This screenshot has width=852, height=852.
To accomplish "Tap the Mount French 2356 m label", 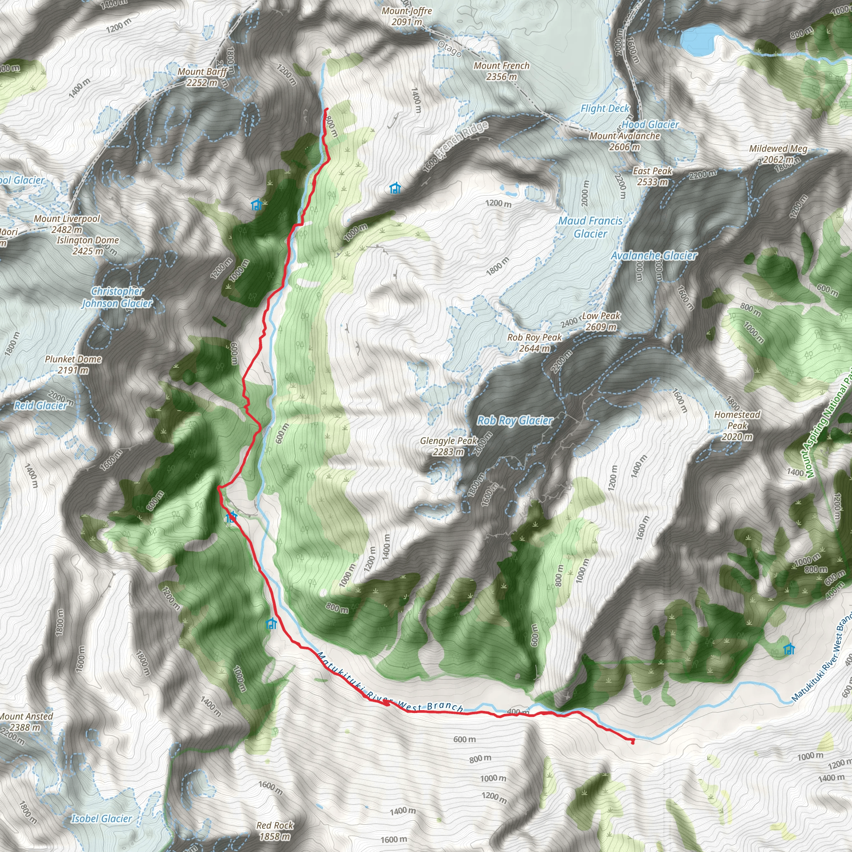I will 501,71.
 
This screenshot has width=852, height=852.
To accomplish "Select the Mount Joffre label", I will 406,16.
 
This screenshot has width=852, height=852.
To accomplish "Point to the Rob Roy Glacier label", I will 515,420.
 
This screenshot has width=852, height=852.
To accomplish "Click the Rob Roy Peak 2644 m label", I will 535,343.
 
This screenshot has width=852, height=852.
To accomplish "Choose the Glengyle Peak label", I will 448,446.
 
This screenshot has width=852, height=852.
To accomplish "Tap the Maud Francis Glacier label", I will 590,227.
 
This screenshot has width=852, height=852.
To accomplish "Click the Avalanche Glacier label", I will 654,255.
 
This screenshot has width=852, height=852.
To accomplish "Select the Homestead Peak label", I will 737,426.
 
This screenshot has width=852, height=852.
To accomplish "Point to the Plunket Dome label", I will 73,365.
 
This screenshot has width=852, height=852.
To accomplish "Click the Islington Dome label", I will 88,245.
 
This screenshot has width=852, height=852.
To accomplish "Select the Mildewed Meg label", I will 778,154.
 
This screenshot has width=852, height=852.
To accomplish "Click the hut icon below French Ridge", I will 395,188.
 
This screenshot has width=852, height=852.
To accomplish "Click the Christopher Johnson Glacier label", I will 117,297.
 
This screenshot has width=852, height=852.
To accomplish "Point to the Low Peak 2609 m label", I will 601,321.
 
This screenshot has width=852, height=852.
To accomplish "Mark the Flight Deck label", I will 604,109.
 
